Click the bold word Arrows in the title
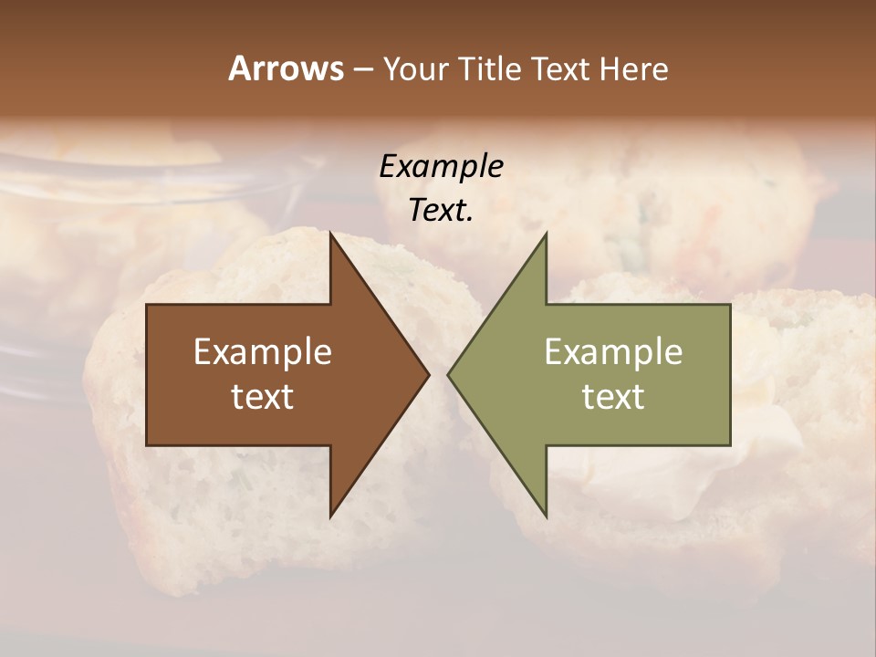point(286,68)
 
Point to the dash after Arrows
point(362,69)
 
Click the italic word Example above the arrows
point(441,166)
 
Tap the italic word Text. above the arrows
point(441,210)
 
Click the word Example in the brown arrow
point(263,352)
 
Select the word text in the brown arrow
point(263,397)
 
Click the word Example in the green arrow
point(613,352)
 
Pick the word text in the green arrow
point(613,397)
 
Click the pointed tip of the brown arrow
point(429,374)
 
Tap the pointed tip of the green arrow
point(448,374)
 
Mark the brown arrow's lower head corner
point(330,517)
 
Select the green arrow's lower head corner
point(547,517)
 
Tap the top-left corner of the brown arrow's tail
point(147,305)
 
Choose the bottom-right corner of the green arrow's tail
point(730,445)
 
